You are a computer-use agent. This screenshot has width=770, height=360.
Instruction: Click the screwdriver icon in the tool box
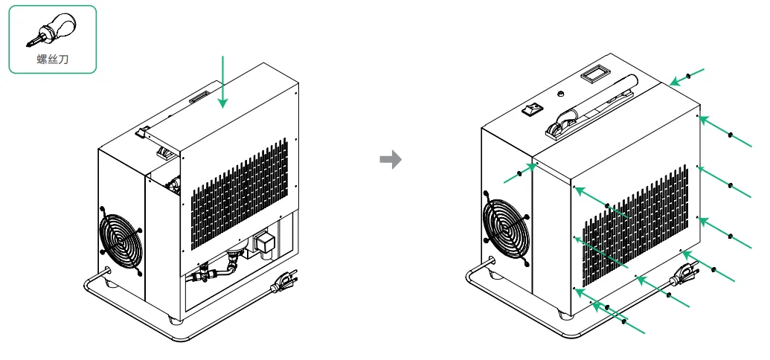(x=51, y=33)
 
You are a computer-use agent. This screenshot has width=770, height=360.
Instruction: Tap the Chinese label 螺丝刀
(x=52, y=60)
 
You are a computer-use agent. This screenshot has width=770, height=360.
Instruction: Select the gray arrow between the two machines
(x=391, y=159)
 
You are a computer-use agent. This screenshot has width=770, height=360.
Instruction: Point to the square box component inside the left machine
(x=266, y=242)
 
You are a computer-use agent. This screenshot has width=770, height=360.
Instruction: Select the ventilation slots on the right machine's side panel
(x=632, y=223)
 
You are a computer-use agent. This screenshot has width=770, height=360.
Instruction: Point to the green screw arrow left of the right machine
(x=520, y=173)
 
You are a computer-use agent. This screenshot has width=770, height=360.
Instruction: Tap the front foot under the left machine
(x=173, y=319)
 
